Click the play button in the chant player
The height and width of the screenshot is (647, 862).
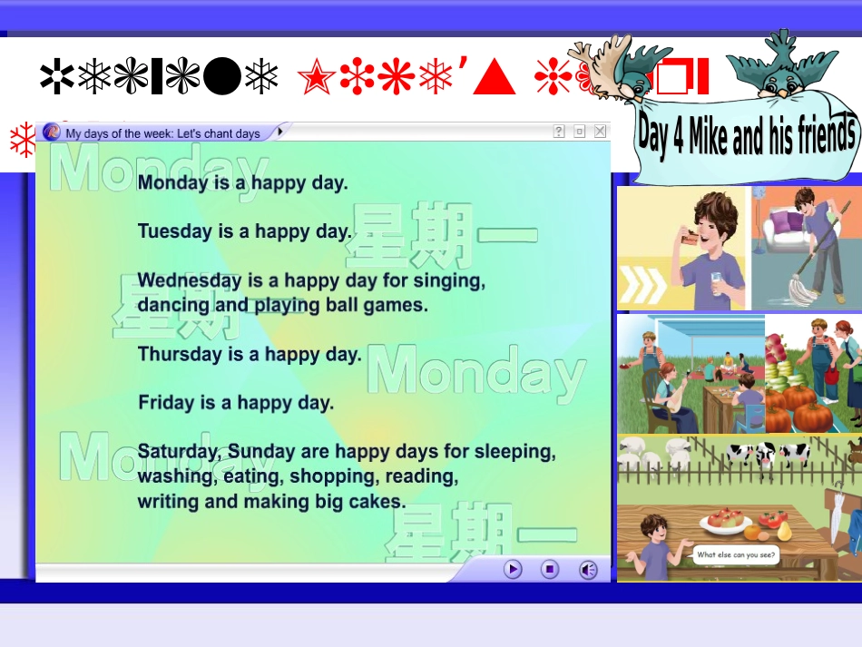coord(514,569)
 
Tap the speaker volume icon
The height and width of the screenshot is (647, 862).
coord(588,569)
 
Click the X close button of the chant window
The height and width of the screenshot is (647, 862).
coord(600,132)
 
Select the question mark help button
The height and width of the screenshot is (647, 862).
coord(559,132)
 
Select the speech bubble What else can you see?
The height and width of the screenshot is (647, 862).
coord(736,554)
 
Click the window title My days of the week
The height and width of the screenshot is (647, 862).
coord(163,133)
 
